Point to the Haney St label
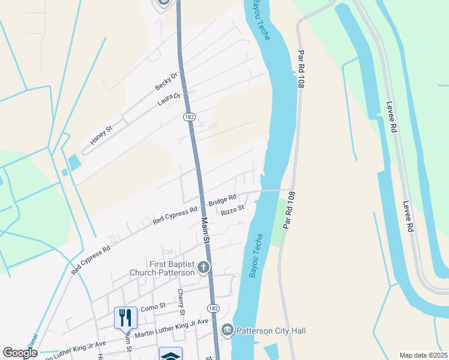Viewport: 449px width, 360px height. (x=101, y=136)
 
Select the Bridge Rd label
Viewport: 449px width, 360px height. (x=223, y=199)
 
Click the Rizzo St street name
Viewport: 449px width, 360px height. (x=233, y=210)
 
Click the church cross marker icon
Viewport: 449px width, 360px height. (x=203, y=268)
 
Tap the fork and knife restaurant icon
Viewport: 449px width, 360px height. (x=124, y=317)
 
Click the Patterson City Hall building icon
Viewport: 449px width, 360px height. (x=228, y=329)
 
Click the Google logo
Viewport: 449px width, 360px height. (x=20, y=353)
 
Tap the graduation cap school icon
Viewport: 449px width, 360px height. (x=170, y=355)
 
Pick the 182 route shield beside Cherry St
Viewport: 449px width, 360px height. (x=214, y=308)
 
